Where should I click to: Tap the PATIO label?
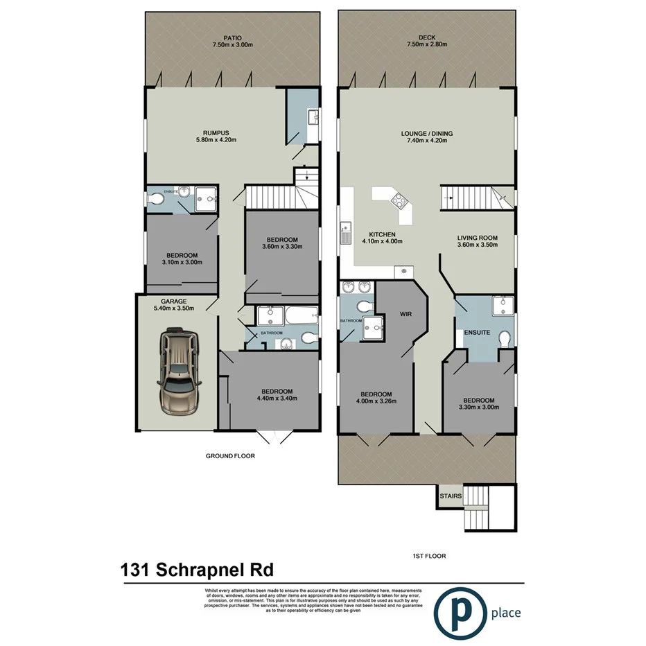tap(232, 37)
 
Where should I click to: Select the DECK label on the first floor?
tap(427, 37)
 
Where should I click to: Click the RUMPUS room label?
tap(216, 132)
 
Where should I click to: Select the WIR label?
tap(406, 313)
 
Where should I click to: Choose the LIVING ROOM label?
tap(479, 236)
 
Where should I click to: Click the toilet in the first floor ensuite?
tap(504, 338)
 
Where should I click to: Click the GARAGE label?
tap(173, 302)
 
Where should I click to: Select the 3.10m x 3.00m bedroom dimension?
tap(182, 262)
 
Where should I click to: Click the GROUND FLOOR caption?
tap(230, 456)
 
